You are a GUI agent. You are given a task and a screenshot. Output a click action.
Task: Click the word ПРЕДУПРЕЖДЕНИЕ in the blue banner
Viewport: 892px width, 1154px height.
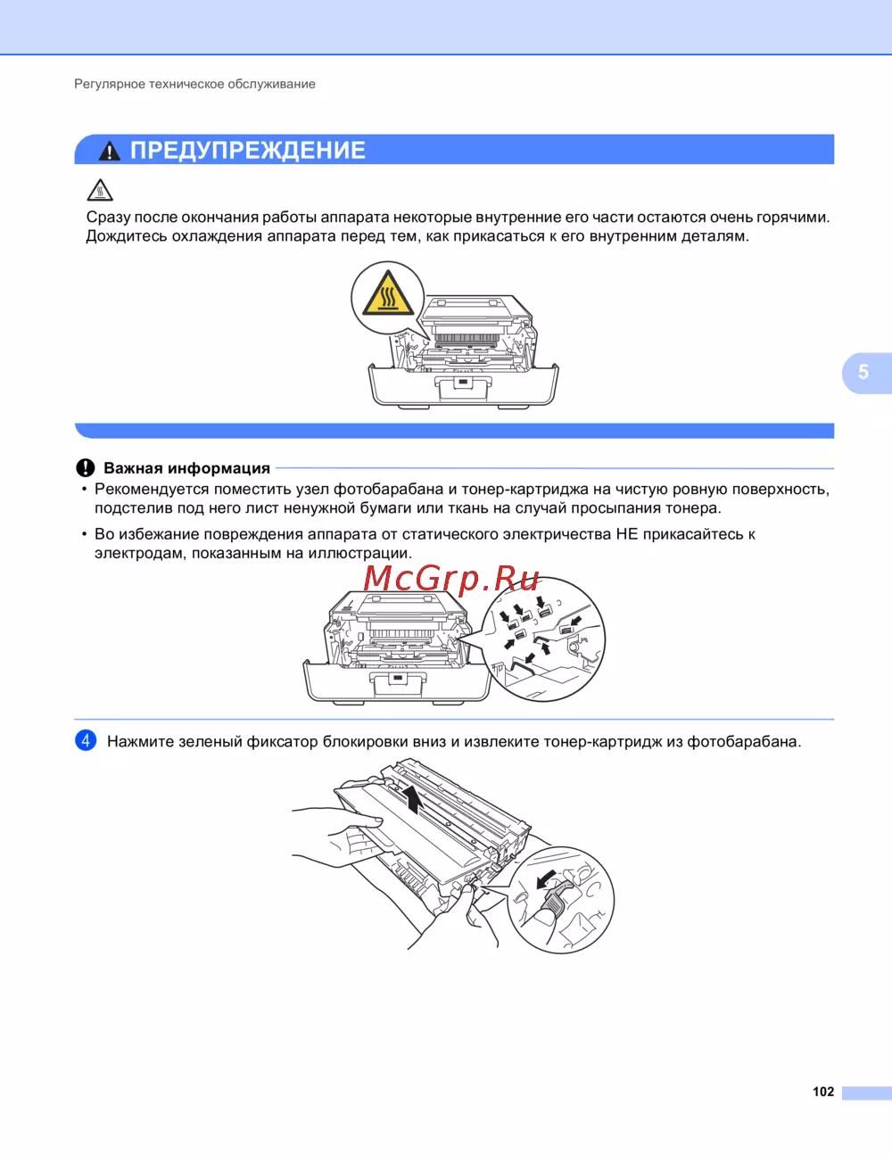(248, 151)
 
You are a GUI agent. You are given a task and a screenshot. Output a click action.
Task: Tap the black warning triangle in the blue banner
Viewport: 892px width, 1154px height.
(110, 151)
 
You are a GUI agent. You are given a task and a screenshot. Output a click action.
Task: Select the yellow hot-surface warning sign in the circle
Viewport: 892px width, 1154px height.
(388, 293)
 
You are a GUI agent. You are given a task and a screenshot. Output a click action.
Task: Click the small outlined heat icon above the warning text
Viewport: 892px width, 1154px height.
(100, 190)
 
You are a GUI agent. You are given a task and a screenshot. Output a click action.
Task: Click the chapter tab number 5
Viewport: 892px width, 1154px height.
(863, 372)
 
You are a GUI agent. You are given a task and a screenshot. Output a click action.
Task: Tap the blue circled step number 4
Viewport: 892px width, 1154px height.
(86, 740)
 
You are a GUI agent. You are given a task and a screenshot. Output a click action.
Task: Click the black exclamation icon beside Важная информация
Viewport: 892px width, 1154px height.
(86, 468)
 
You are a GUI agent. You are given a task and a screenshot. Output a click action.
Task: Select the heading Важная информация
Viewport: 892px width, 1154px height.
(187, 468)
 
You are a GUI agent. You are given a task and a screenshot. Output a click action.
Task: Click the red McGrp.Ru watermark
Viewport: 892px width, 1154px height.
(451, 578)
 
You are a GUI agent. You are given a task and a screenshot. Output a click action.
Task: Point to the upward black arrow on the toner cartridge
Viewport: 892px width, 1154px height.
(411, 800)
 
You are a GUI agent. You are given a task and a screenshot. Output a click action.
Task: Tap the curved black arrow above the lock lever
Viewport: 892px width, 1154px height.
(547, 879)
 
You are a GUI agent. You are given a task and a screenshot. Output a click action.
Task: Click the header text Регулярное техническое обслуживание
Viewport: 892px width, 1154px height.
(194, 84)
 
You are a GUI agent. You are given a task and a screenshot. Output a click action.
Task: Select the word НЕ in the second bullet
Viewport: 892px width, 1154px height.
(626, 533)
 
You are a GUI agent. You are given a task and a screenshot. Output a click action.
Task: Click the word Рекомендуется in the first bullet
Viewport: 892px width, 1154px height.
(152, 489)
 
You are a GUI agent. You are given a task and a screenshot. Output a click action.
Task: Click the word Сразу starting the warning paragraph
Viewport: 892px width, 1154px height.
(108, 218)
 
